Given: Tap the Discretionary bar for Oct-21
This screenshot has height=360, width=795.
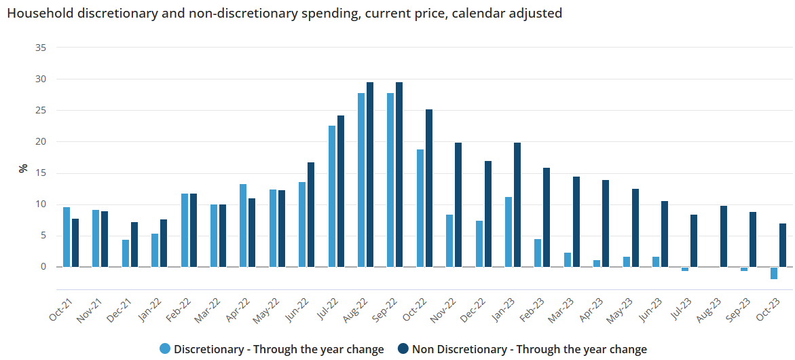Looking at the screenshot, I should point(67,237).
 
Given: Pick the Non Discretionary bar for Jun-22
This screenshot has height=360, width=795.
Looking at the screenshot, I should point(311,215).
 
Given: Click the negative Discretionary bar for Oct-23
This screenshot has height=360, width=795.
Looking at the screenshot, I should point(774,273).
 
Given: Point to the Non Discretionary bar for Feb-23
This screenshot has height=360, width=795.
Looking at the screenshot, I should point(547,217).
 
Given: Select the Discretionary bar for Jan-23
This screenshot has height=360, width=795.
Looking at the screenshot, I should point(509,232).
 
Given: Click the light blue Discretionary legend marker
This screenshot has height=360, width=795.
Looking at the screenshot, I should point(165,349).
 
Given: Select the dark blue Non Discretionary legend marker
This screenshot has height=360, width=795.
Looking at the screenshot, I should point(403,349).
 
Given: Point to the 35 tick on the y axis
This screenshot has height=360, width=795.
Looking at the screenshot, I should point(41,48).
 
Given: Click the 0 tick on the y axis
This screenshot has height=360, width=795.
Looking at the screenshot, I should point(43,267).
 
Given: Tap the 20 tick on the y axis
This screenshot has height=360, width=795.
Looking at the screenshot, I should point(41,141).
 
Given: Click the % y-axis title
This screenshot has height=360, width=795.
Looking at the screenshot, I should point(23,168).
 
